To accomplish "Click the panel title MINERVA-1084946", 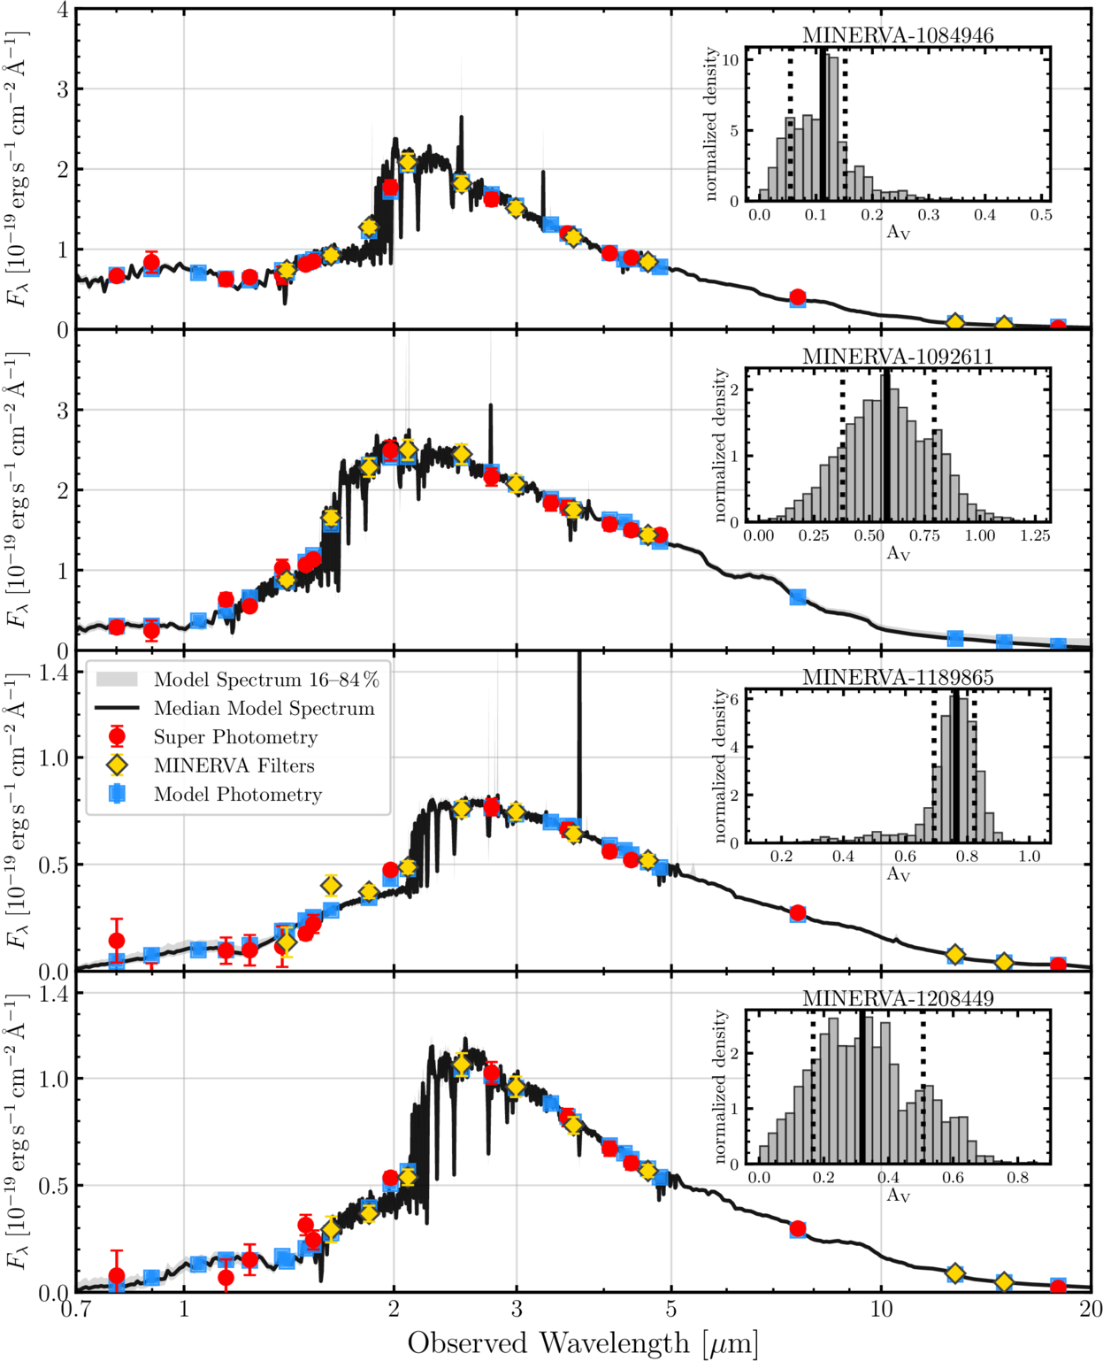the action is pos(897,35).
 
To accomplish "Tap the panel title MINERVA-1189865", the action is pos(897,677).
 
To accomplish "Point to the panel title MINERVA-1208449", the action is pos(897,998).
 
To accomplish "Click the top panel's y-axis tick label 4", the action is pos(63,11).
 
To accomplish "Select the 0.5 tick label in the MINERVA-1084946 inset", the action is pos(1041,215).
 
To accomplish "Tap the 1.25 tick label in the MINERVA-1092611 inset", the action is pos(1035,535).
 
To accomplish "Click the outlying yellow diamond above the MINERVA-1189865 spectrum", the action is pos(330,886).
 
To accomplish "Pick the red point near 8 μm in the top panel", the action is pos(797,296).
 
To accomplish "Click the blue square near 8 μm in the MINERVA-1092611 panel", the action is pos(798,597).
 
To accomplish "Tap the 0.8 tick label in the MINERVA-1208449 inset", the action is pos(1018,1177).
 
